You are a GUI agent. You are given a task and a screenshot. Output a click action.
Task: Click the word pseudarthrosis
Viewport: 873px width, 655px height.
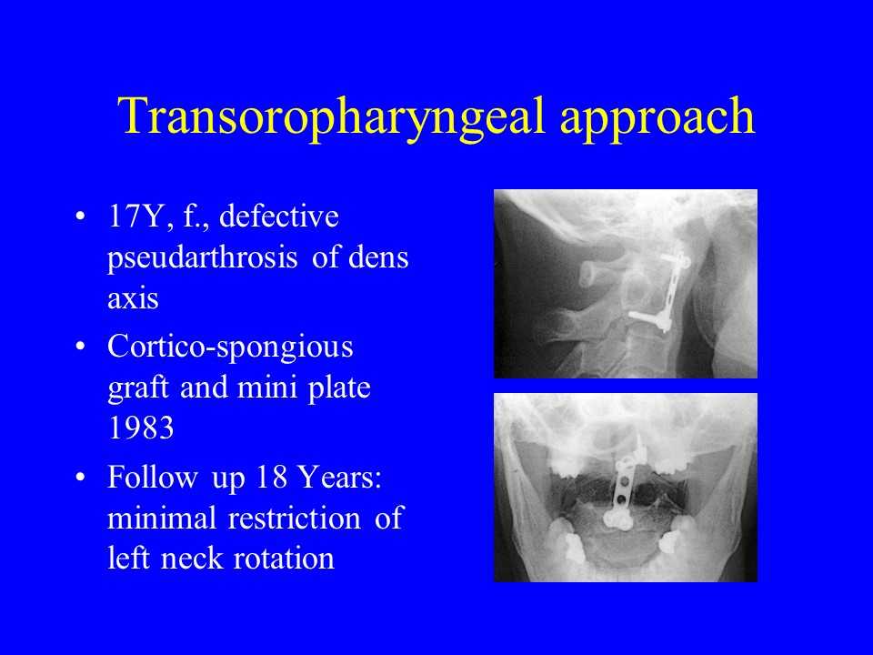coord(202,258)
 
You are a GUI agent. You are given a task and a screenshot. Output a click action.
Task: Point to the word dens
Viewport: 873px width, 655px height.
coord(378,257)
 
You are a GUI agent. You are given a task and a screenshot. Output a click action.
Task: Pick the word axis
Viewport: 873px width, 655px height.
coord(133,298)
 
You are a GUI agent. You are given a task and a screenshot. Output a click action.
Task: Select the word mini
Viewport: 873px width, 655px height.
coord(267,388)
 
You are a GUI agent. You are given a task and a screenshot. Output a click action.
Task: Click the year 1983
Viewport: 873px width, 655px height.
coord(141,428)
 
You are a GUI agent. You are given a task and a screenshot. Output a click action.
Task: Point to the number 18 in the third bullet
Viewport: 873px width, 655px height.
coord(271,477)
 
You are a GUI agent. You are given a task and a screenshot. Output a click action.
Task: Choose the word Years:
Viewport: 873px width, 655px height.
coord(338,477)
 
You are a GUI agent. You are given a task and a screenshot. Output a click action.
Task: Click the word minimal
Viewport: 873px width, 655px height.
coord(162,518)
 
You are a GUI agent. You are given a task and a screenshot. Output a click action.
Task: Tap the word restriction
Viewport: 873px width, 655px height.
coord(295,518)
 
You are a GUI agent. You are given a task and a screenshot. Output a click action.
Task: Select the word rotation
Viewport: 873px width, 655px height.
coord(284,559)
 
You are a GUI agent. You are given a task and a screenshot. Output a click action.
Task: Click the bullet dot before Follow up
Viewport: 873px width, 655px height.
coord(80,478)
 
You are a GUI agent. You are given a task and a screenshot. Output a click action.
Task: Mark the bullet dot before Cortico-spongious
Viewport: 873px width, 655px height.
coord(80,347)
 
